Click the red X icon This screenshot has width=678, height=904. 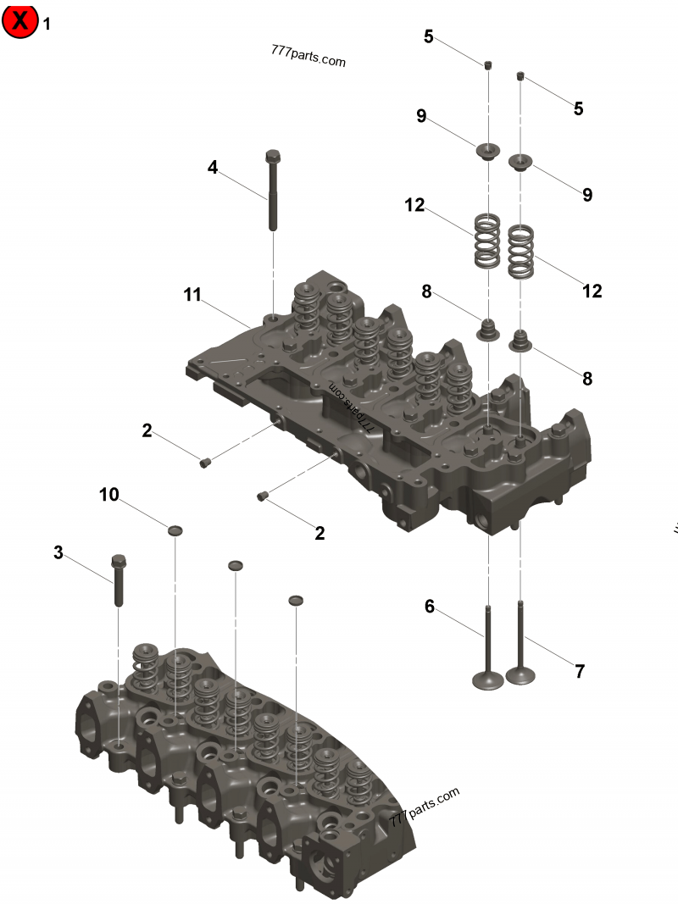20,21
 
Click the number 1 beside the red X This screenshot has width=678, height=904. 47,24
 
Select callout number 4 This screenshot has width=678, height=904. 213,168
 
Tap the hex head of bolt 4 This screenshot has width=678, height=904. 273,157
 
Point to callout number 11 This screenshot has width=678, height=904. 192,295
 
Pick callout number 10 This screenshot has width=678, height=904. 109,495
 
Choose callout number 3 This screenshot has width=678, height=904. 58,552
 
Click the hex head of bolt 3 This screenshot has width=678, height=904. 119,561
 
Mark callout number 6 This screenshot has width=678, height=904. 430,607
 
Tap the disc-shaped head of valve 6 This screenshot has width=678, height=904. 487,679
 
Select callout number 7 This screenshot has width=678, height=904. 580,672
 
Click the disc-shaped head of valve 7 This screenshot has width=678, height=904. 520,676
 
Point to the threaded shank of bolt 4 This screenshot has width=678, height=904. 273,198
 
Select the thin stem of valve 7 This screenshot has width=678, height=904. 520,635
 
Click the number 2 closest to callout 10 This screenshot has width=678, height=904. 147,430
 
